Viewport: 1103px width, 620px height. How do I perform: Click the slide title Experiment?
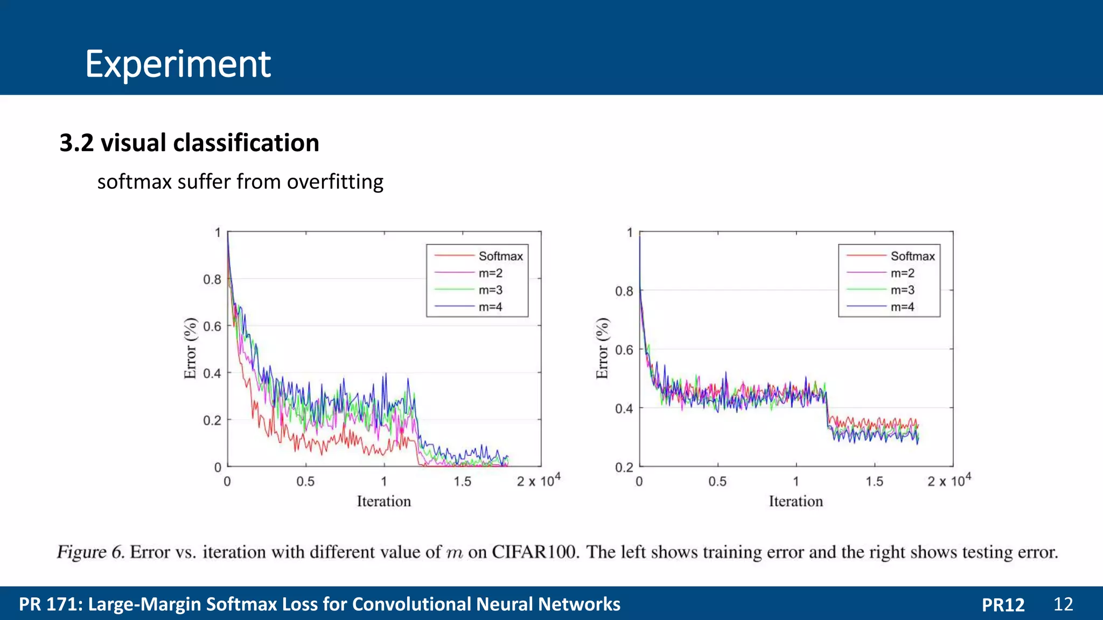pos(178,64)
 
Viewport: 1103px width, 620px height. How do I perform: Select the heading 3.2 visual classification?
pos(189,143)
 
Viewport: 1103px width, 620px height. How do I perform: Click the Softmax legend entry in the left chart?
pos(500,256)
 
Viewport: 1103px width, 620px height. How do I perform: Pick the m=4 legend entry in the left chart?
pos(490,307)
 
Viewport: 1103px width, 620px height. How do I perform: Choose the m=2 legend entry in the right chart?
pos(902,273)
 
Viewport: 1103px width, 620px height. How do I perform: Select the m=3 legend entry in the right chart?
pos(902,290)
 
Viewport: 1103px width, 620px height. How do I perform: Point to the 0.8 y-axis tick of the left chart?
pos(212,279)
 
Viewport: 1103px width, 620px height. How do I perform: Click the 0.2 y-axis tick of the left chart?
pos(212,420)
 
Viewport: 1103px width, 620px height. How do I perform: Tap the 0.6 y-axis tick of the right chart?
pos(624,350)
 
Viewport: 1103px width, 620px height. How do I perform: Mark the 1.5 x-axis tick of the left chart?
pos(462,482)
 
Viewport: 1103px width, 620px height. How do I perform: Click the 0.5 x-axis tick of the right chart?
pos(717,482)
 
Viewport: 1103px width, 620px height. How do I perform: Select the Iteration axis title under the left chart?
pos(383,502)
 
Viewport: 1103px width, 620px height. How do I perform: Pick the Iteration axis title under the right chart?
pos(795,502)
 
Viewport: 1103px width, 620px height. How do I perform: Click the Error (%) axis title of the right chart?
pos(602,348)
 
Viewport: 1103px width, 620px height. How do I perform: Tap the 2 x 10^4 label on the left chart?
pos(538,480)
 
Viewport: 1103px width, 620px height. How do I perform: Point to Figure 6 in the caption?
pos(90,552)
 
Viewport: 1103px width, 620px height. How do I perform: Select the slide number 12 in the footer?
pos(1063,604)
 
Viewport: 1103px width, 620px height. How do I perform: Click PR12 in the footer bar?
pos(1003,605)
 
